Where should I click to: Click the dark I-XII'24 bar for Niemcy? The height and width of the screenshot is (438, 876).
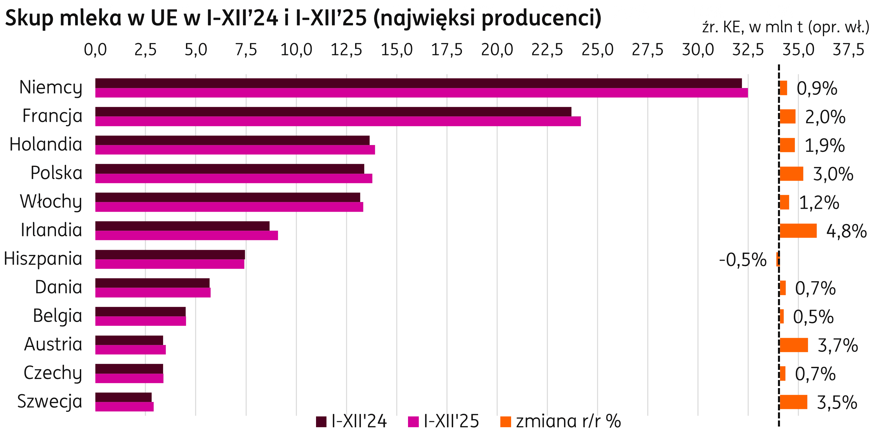(x=418, y=83)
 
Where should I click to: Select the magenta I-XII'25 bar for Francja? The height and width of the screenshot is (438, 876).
(x=338, y=121)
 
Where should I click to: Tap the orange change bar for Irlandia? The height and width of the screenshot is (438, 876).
(x=798, y=231)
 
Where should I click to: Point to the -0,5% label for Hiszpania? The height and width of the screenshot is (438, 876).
(x=743, y=260)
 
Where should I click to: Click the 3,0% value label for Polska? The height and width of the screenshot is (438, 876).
(x=833, y=174)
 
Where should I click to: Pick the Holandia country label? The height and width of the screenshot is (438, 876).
(x=46, y=144)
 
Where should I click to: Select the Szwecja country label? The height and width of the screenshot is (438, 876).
(x=50, y=401)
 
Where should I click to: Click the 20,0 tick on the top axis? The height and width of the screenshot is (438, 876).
(x=497, y=50)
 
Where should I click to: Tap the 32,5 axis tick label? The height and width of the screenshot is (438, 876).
(x=748, y=50)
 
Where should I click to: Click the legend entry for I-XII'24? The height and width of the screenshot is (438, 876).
(x=352, y=422)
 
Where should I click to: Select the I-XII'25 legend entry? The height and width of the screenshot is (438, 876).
(x=444, y=422)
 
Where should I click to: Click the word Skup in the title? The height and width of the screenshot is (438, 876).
(x=29, y=19)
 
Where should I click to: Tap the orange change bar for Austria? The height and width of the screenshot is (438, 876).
(x=794, y=345)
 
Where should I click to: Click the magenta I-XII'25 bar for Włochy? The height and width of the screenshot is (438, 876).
(x=229, y=207)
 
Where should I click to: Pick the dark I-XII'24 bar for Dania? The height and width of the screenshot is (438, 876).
(x=152, y=283)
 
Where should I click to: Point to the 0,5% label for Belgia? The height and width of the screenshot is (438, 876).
(x=813, y=317)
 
